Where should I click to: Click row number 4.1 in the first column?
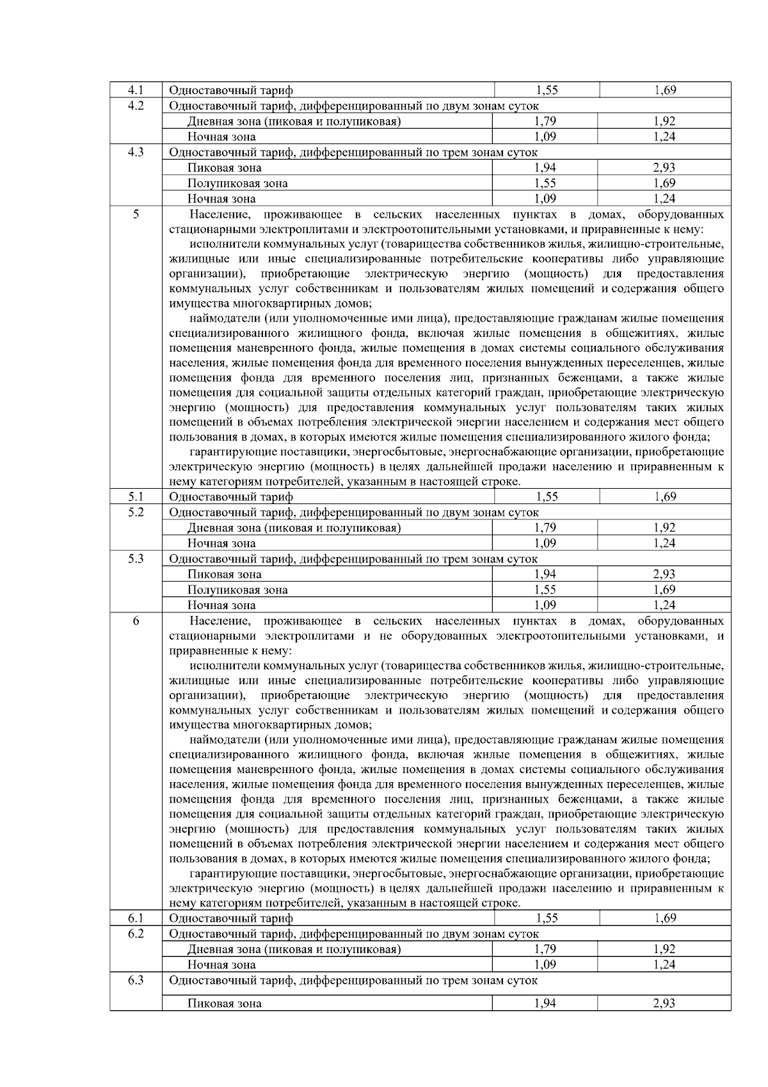tap(136, 90)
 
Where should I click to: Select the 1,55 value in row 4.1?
tap(546, 90)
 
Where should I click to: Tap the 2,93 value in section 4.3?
tap(664, 168)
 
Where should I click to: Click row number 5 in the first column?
tap(136, 215)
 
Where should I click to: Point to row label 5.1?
tap(136, 496)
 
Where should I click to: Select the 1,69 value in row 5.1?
tap(664, 496)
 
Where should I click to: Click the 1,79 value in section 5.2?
tap(545, 528)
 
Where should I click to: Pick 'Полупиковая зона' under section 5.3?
tap(237, 590)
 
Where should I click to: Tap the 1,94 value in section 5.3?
tap(545, 575)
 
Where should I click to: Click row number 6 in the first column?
tap(136, 621)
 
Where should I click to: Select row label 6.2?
tap(136, 934)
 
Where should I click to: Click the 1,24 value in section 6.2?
tap(664, 965)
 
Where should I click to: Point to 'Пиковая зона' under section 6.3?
tap(224, 1004)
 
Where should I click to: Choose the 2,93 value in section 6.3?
tap(664, 1004)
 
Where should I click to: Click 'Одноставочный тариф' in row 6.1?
tap(231, 919)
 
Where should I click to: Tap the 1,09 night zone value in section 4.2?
tap(545, 136)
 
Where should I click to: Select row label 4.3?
tap(136, 152)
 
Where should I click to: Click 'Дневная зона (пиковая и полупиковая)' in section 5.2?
tap(294, 528)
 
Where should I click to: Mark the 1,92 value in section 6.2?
tap(664, 949)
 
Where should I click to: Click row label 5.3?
tap(136, 559)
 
